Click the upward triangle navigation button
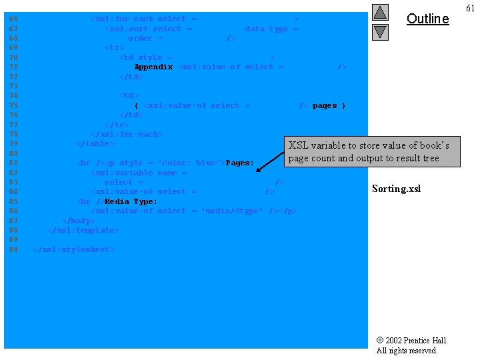[380, 12]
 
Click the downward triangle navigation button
[380, 31]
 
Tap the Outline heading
[427, 19]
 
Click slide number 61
[470, 8]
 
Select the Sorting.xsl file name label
[396, 189]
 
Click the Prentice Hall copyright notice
[411, 345]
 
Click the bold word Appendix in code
[153, 67]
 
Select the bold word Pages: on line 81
[239, 163]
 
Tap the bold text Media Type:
[131, 201]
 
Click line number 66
[13, 19]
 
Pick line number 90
[13, 249]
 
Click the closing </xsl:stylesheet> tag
[74, 249]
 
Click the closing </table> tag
[95, 143]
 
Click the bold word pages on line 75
[325, 105]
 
